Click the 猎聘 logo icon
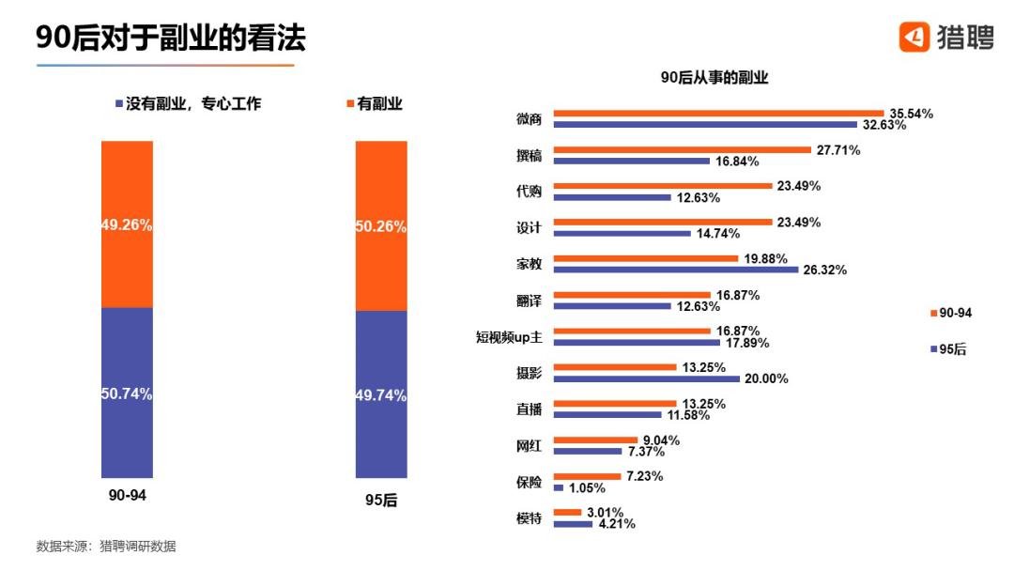click(x=914, y=37)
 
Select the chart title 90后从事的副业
click(x=714, y=78)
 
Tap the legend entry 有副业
click(x=376, y=104)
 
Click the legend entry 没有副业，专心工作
click(x=187, y=104)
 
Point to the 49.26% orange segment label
click(x=127, y=225)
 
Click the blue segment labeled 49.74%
click(x=381, y=395)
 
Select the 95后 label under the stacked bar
click(x=381, y=501)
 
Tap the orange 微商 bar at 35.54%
click(x=718, y=114)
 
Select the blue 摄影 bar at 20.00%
click(x=647, y=378)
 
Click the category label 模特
click(x=529, y=517)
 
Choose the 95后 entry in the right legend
click(x=949, y=348)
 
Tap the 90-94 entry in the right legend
click(x=950, y=313)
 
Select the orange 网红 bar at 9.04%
click(x=594, y=440)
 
